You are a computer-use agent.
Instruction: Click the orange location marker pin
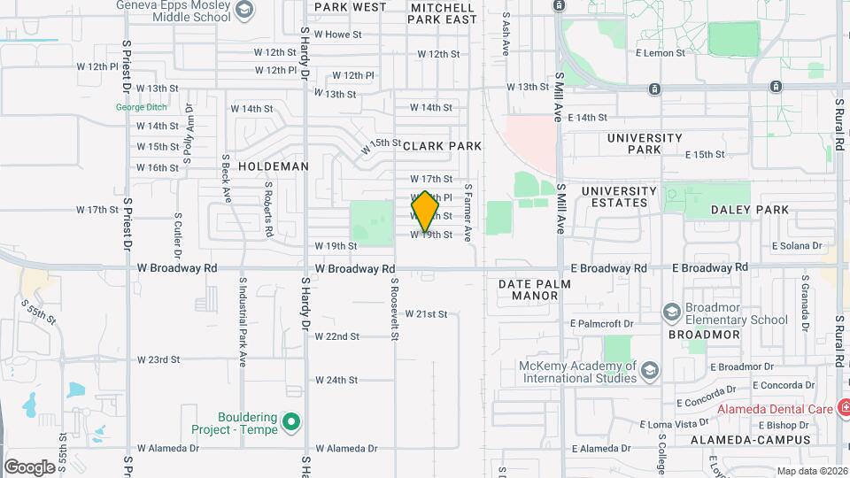pos(426,212)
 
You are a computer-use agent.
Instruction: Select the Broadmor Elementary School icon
pos(672,312)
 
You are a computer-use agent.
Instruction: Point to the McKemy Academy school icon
pos(649,371)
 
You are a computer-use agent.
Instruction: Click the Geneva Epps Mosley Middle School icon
pos(245,10)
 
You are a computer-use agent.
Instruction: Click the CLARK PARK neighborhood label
pos(442,146)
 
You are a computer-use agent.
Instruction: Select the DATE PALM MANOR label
pos(534,289)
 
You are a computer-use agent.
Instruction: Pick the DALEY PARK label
pos(749,210)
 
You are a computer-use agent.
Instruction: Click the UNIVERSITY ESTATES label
pos(619,197)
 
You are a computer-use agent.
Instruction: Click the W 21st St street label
pos(426,314)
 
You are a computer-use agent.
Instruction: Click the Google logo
pos(29,466)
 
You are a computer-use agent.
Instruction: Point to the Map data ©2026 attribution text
pos(811,471)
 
